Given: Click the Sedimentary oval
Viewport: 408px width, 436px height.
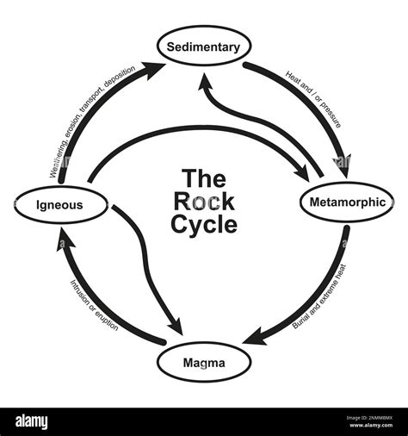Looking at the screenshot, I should click(204, 47).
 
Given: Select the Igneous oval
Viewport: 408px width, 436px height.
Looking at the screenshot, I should click(60, 205).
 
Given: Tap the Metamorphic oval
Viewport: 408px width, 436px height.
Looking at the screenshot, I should click(347, 204).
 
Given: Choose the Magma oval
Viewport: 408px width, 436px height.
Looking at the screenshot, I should click(204, 363).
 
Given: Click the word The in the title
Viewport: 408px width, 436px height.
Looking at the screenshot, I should click(204, 179).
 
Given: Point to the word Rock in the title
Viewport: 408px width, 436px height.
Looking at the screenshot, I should click(204, 202).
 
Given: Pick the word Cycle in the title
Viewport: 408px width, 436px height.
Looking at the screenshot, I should click(204, 225).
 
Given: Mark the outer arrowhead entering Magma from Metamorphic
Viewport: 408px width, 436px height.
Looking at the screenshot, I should click(252, 337).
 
